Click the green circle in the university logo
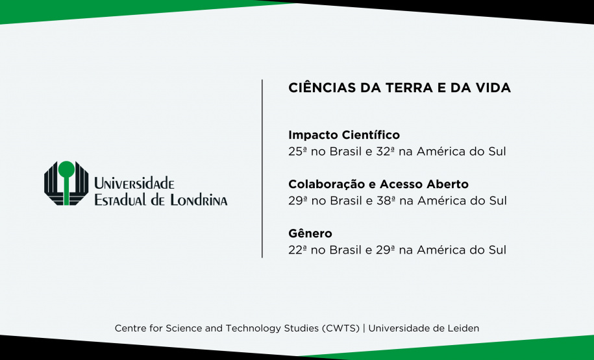click(66, 169)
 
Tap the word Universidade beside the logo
click(134, 184)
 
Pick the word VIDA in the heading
click(493, 88)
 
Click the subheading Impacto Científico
click(344, 136)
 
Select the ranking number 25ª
click(298, 152)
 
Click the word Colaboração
click(321, 184)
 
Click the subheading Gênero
click(310, 233)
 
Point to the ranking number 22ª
click(298, 250)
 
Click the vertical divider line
click(262, 169)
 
